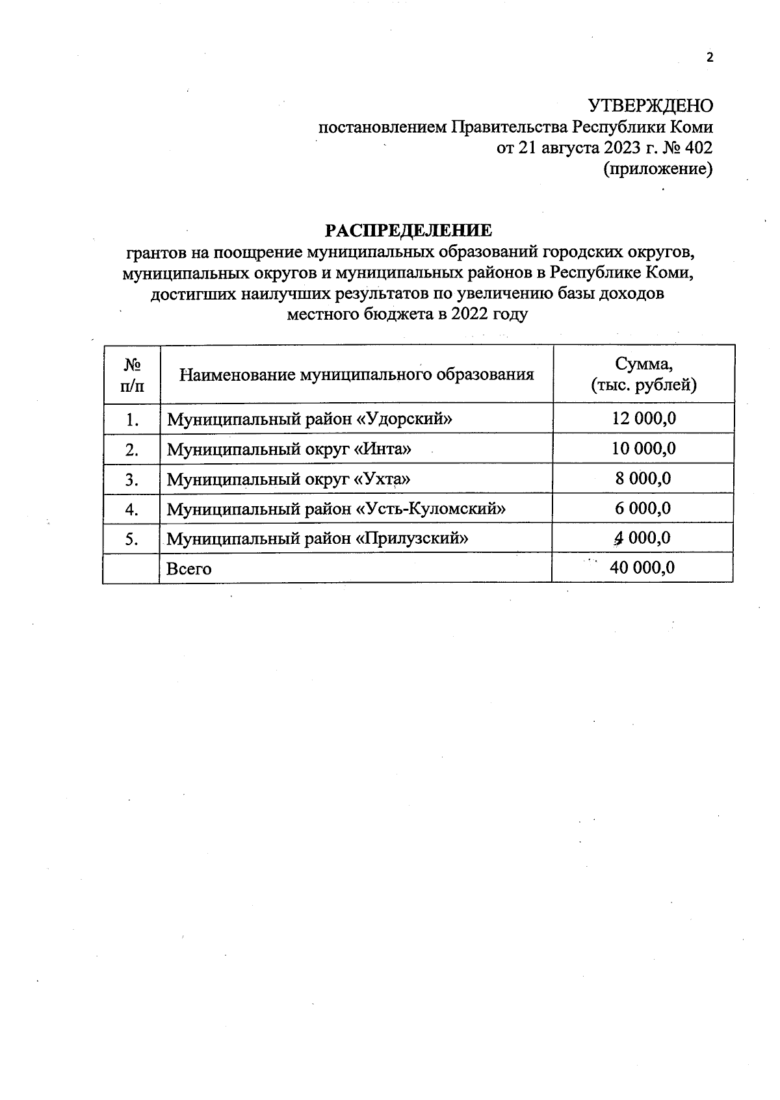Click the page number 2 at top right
710,58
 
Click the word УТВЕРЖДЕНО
650,106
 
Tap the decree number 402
699,148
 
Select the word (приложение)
658,170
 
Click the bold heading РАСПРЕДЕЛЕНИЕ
409,231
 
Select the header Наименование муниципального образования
357,374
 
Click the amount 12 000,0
643,418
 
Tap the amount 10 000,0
643,448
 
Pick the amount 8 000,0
643,479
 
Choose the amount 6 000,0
643,508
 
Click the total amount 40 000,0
642,568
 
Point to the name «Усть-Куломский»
431,509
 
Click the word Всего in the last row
189,569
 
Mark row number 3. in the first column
133,480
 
